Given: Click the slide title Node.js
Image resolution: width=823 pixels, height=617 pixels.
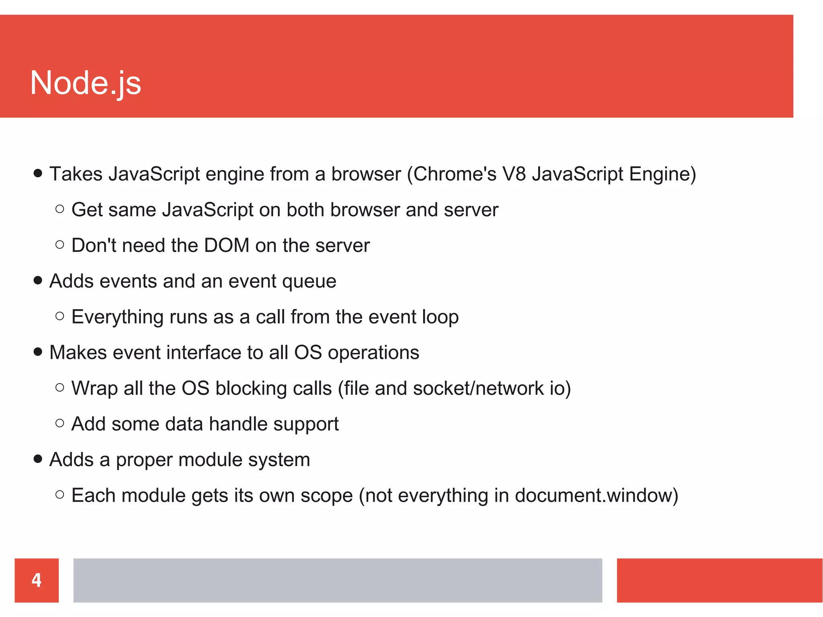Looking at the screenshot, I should coord(86,83).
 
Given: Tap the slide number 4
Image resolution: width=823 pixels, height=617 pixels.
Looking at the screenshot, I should coord(37,580).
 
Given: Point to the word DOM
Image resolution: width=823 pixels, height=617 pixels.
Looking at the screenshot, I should coord(227,245).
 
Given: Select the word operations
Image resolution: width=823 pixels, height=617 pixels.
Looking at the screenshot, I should coord(373,353).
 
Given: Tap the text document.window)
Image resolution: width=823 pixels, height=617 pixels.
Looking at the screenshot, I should coord(596,495).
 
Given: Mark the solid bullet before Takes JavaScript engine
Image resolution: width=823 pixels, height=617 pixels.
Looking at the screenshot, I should coord(38,173).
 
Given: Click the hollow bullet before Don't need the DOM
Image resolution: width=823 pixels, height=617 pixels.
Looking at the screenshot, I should coord(60,244).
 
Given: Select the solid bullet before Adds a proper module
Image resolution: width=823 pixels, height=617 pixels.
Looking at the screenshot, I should coord(38,459).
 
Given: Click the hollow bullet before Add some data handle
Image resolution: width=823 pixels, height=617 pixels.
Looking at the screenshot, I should coord(60,423).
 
